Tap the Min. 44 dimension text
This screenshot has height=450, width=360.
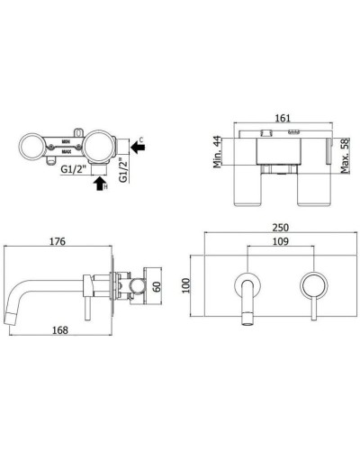click(x=218, y=152)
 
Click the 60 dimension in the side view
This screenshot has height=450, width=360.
click(x=157, y=287)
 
